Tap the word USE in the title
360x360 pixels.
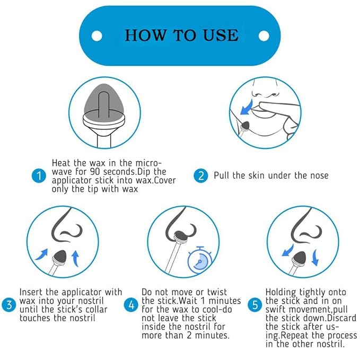pos(221,36)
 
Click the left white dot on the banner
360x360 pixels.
pos(96,36)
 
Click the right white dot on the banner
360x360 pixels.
pos(264,36)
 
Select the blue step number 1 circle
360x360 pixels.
pos(39,176)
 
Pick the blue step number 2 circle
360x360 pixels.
pos(201,176)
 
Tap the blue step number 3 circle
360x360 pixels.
pos(9,305)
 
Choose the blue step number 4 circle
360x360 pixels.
pos(131,305)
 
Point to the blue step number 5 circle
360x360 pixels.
pos(255,305)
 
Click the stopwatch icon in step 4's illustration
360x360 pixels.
pos(199,260)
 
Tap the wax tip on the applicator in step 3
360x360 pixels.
pos(60,256)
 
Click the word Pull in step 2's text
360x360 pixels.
pos(222,175)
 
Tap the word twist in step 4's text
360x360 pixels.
pos(217,292)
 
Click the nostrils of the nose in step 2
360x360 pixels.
pos(266,94)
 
